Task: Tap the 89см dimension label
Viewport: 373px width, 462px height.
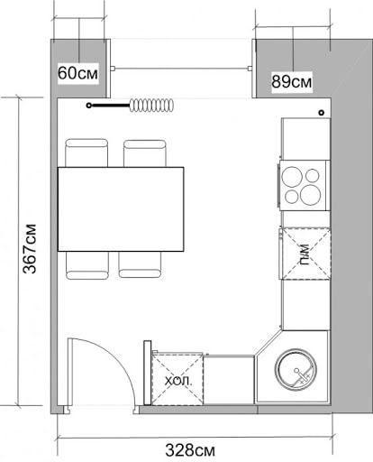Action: (292, 81)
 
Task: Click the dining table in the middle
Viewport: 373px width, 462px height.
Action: (121, 208)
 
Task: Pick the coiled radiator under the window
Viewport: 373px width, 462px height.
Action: (151, 106)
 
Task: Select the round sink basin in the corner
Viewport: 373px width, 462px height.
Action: (298, 370)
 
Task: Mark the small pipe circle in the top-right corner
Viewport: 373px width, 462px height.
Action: (321, 112)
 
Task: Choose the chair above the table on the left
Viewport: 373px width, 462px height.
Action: (87, 152)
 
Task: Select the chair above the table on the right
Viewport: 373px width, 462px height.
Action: (144, 152)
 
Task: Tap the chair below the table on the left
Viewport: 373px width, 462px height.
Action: (87, 264)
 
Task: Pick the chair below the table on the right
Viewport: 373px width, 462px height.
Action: (141, 264)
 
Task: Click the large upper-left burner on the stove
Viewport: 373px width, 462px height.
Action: (293, 175)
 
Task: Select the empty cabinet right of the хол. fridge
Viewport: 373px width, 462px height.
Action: (230, 380)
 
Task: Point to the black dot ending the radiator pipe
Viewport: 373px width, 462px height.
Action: (88, 106)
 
